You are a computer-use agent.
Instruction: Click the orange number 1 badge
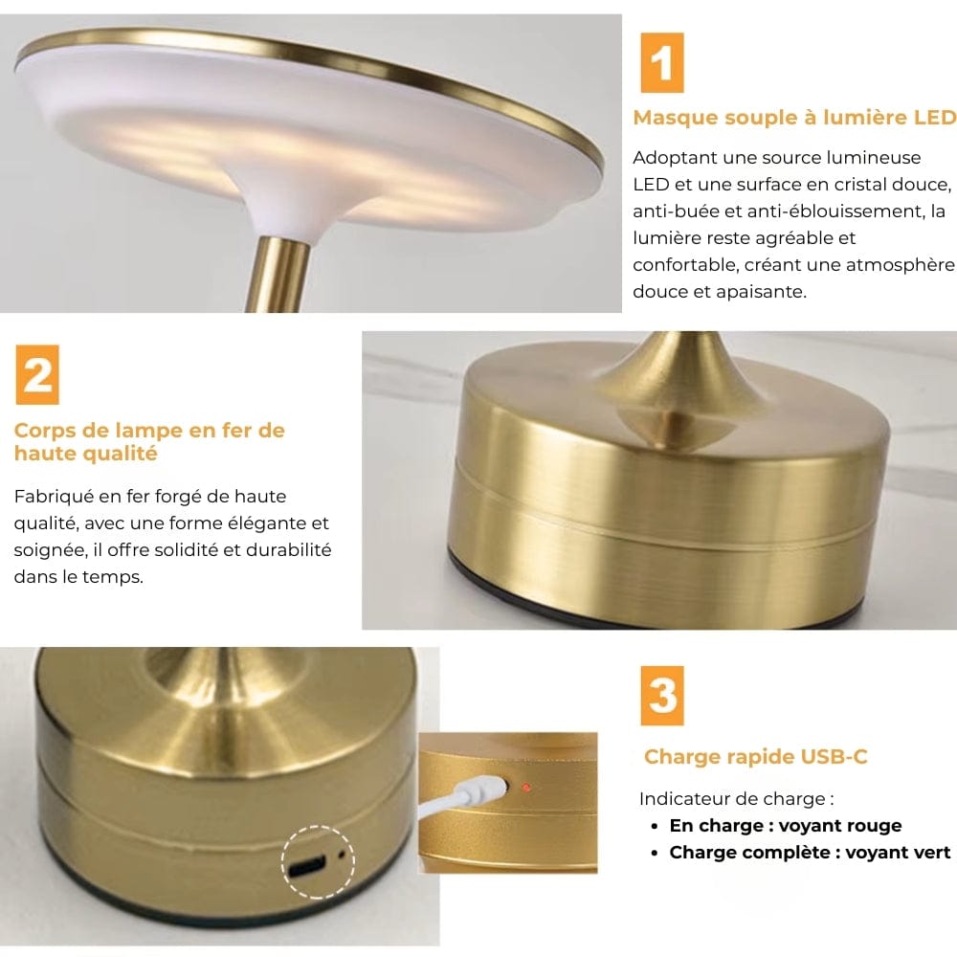pyautogui.click(x=662, y=62)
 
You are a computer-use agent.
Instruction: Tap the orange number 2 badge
pyautogui.click(x=38, y=375)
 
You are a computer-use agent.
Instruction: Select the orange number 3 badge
pyautogui.click(x=663, y=696)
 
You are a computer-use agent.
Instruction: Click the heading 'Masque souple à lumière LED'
pyautogui.click(x=794, y=118)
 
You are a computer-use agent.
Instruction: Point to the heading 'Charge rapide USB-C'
pyautogui.click(x=756, y=757)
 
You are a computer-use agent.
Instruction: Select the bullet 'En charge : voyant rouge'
pyautogui.click(x=785, y=825)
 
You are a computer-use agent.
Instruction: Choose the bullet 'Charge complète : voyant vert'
pyautogui.click(x=810, y=852)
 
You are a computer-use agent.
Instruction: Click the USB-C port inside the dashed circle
pyautogui.click(x=308, y=867)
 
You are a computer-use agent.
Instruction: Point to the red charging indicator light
pyautogui.click(x=525, y=789)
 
